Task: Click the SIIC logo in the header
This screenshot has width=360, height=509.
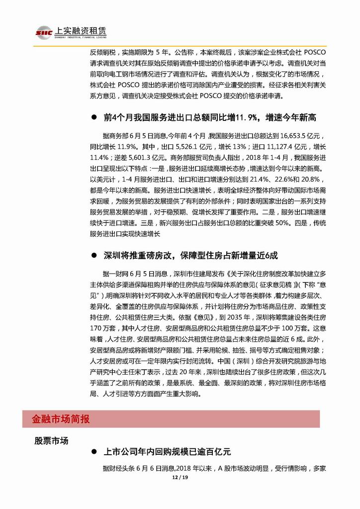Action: pos(44,32)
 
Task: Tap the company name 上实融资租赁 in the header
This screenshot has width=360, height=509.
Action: pos(79,30)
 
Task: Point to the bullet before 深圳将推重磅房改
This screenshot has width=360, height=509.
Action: pos(93,256)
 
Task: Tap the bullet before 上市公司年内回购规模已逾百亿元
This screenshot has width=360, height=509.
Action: pos(93,452)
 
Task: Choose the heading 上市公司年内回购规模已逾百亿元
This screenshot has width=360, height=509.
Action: pos(167,452)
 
